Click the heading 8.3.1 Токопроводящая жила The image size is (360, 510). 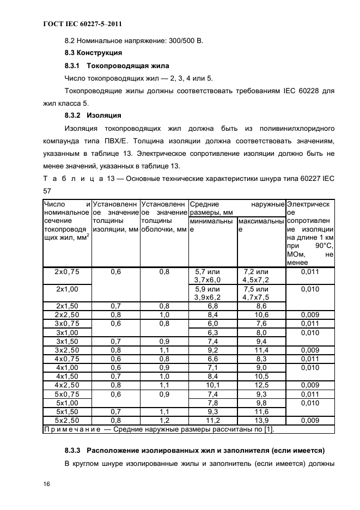tap(117, 66)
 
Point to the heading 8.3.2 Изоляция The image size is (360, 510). tap(93, 116)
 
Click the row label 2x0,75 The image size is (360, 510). tap(66, 271)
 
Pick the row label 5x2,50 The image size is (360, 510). tap(66, 421)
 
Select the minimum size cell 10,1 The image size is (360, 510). tap(212, 385)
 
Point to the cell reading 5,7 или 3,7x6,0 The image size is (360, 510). tap(212, 276)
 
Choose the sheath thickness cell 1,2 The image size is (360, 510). tap(164, 421)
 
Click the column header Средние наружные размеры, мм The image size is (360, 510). tap(236, 208)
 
